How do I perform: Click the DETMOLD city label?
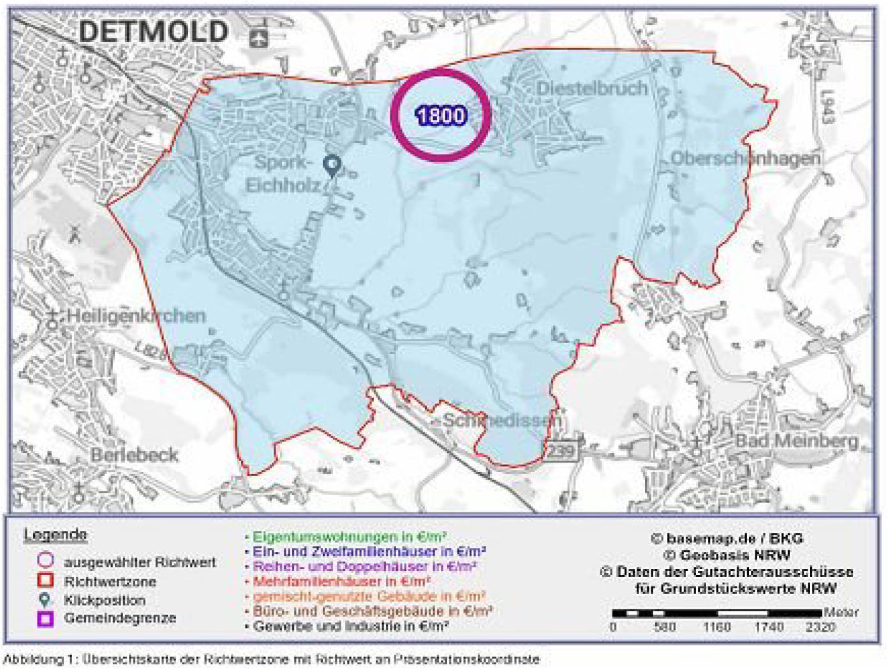153,32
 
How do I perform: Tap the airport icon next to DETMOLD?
258,38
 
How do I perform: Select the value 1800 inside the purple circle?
441,115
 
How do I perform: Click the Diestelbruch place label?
593,88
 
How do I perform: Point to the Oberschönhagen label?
745,158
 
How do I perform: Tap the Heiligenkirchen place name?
136,316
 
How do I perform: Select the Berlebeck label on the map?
135,455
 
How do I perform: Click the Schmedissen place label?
503,420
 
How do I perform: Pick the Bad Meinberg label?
797,440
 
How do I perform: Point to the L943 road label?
827,107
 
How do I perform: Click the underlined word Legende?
55,535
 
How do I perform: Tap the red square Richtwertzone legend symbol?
45,581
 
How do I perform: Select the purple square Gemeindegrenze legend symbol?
45,618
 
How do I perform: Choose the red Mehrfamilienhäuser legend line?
341,581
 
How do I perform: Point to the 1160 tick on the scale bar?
716,627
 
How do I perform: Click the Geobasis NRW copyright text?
727,555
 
